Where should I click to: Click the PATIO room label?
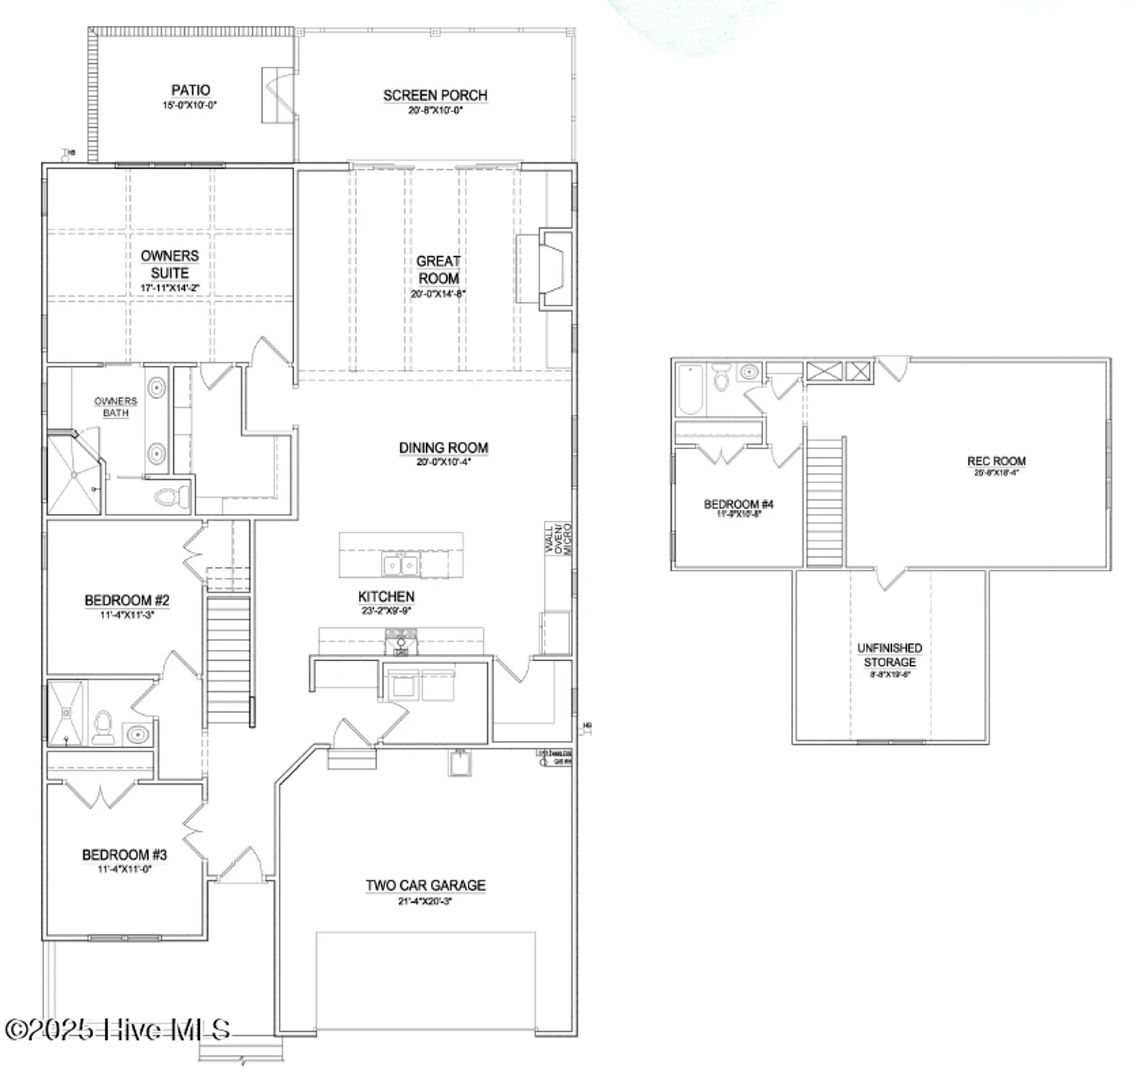pyautogui.click(x=190, y=91)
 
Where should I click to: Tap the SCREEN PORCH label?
pyautogui.click(x=435, y=96)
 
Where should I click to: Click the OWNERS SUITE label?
pyautogui.click(x=170, y=264)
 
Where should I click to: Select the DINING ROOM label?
pyautogui.click(x=443, y=448)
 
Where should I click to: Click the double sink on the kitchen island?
pyautogui.click(x=401, y=565)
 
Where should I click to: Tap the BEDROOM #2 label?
pyautogui.click(x=127, y=600)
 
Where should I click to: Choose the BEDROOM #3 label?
pyautogui.click(x=124, y=854)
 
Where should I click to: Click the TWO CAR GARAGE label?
pyautogui.click(x=425, y=885)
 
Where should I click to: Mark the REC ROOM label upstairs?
pyautogui.click(x=996, y=461)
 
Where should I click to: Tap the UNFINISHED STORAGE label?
pyautogui.click(x=890, y=655)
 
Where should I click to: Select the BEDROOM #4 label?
pyautogui.click(x=739, y=504)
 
